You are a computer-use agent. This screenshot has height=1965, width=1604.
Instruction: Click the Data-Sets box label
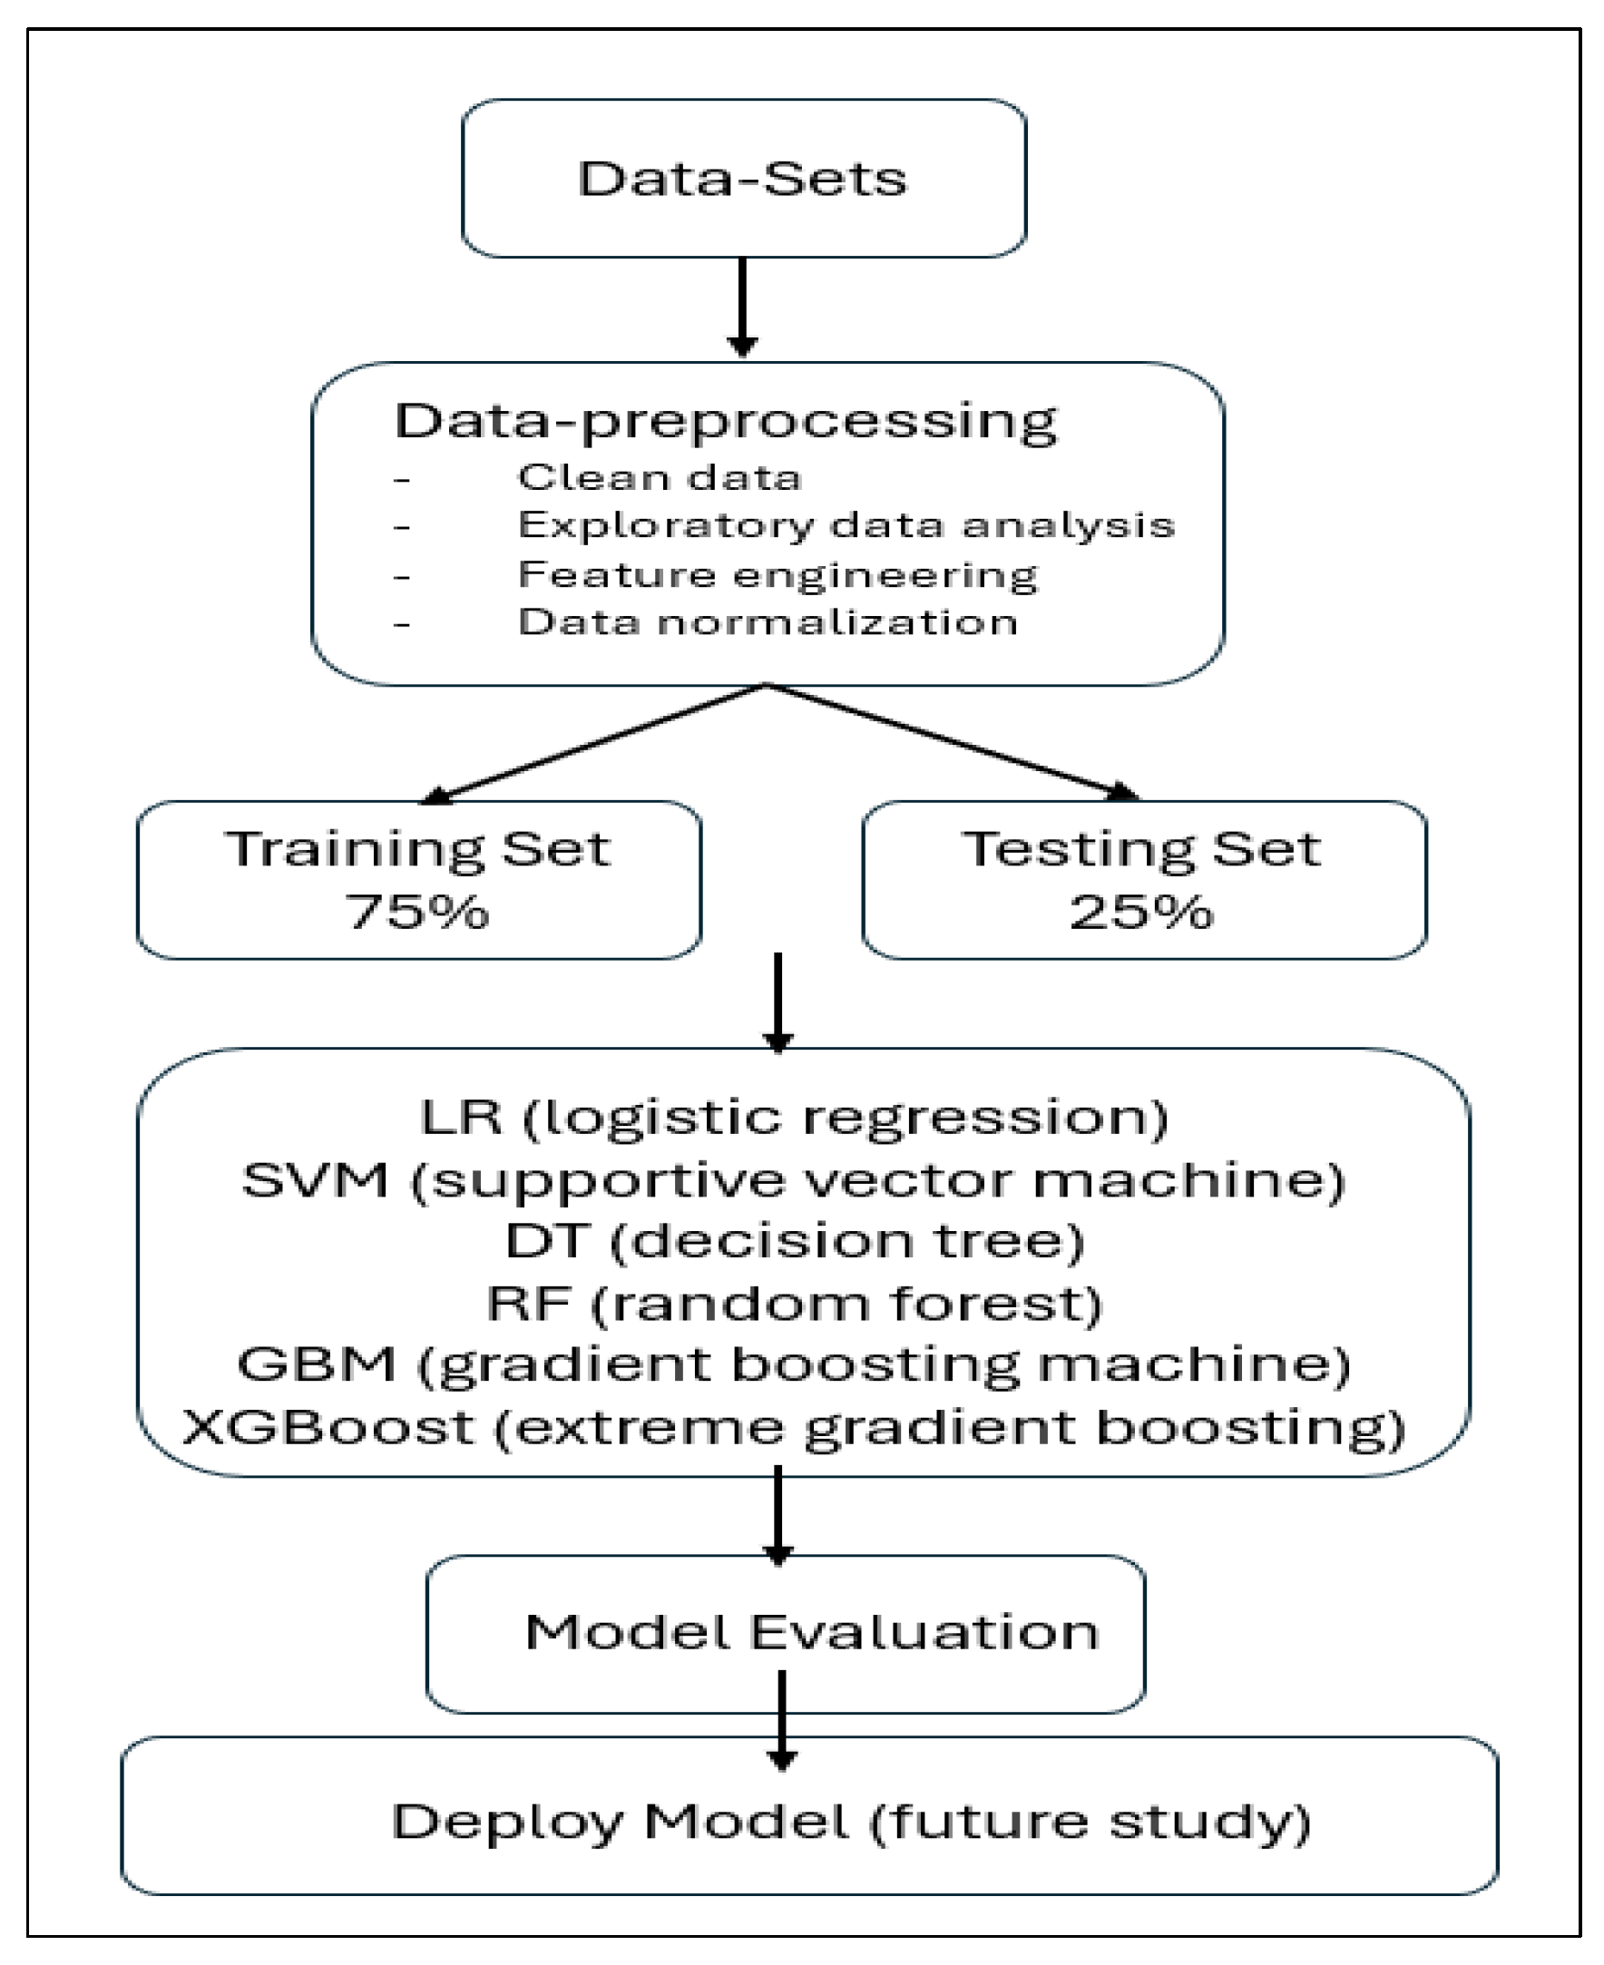click(742, 180)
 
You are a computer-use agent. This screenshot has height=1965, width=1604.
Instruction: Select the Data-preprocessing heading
click(725, 421)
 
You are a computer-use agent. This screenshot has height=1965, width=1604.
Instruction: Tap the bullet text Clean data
click(659, 477)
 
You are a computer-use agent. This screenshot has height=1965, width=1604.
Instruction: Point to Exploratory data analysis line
click(846, 525)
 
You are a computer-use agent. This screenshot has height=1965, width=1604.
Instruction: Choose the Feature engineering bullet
click(778, 574)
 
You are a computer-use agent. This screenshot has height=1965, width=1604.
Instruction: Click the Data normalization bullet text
click(768, 621)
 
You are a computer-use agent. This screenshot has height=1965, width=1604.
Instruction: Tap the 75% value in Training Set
click(417, 913)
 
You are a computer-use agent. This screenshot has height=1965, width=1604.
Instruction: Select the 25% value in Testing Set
click(1141, 913)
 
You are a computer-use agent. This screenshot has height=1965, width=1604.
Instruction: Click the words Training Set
click(417, 848)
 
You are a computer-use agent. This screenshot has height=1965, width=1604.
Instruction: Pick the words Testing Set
click(1141, 848)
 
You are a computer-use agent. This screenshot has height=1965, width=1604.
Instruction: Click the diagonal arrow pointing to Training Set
click(592, 744)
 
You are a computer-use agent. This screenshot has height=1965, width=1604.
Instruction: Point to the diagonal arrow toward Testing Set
click(952, 744)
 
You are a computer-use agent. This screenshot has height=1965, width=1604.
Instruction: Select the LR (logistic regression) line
click(795, 1117)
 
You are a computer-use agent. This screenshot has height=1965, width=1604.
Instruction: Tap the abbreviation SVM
click(314, 1179)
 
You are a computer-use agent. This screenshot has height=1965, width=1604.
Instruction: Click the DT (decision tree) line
click(795, 1241)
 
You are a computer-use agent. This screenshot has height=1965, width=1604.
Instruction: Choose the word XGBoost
click(328, 1427)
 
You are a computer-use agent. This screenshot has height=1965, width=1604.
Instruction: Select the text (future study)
click(1091, 1822)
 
